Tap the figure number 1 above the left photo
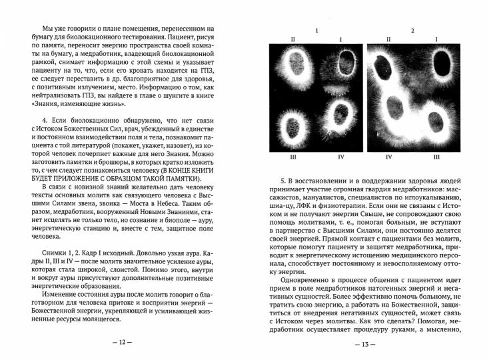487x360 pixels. [316, 31]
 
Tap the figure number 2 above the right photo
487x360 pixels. [413, 31]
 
